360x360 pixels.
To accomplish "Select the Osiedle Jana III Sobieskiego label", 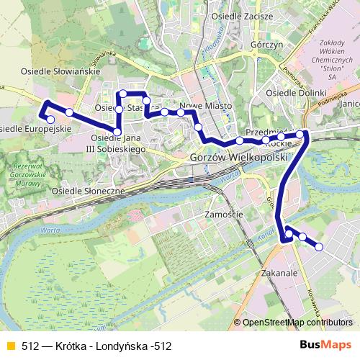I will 119,143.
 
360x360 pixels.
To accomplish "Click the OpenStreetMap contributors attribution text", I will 297,322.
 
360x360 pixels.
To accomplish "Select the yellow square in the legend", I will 9,345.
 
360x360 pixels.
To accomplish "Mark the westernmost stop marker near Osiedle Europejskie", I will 50,119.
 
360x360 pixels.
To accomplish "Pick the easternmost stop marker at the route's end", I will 319,247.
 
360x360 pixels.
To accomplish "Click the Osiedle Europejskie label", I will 35,128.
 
